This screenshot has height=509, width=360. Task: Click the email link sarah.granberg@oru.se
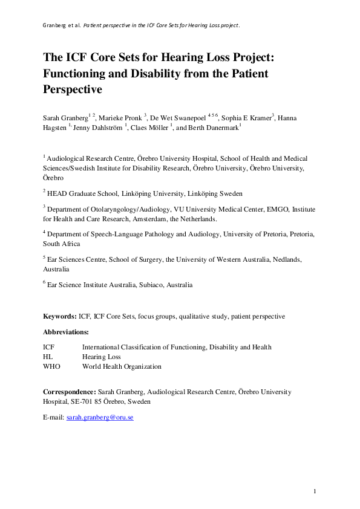tap(100, 417)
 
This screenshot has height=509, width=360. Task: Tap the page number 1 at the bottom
tap(315, 491)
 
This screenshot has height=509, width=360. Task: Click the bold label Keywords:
tap(59, 316)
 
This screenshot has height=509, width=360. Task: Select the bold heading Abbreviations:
tap(66, 332)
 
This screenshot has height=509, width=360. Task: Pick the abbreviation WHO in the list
tap(52, 366)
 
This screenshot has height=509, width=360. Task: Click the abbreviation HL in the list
tap(48, 357)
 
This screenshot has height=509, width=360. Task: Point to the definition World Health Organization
tap(122, 366)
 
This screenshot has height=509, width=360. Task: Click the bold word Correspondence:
tap(68, 392)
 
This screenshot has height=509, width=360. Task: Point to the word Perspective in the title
tap(74, 90)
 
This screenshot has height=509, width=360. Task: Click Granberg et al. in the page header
tap(62, 26)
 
